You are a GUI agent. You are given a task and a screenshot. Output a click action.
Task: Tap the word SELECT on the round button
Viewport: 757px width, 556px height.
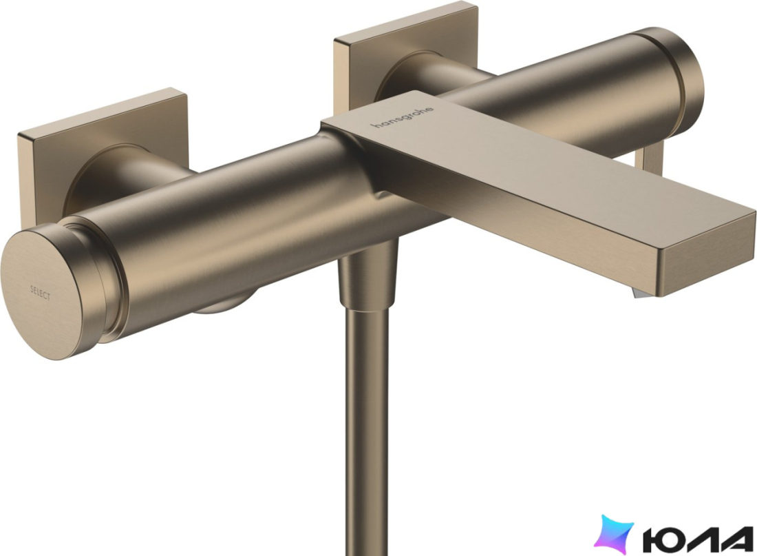click(x=40, y=293)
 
